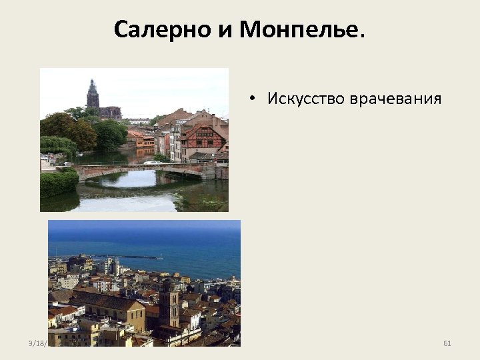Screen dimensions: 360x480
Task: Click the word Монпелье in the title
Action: (x=298, y=30)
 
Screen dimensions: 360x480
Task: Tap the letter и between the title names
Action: (x=218, y=31)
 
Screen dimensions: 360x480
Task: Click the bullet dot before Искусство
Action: (x=255, y=100)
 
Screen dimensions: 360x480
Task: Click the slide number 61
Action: (x=447, y=343)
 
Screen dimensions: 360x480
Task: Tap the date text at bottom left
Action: (x=37, y=343)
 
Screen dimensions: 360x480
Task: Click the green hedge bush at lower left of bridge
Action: (x=58, y=183)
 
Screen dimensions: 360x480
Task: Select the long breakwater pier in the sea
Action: (x=127, y=256)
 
